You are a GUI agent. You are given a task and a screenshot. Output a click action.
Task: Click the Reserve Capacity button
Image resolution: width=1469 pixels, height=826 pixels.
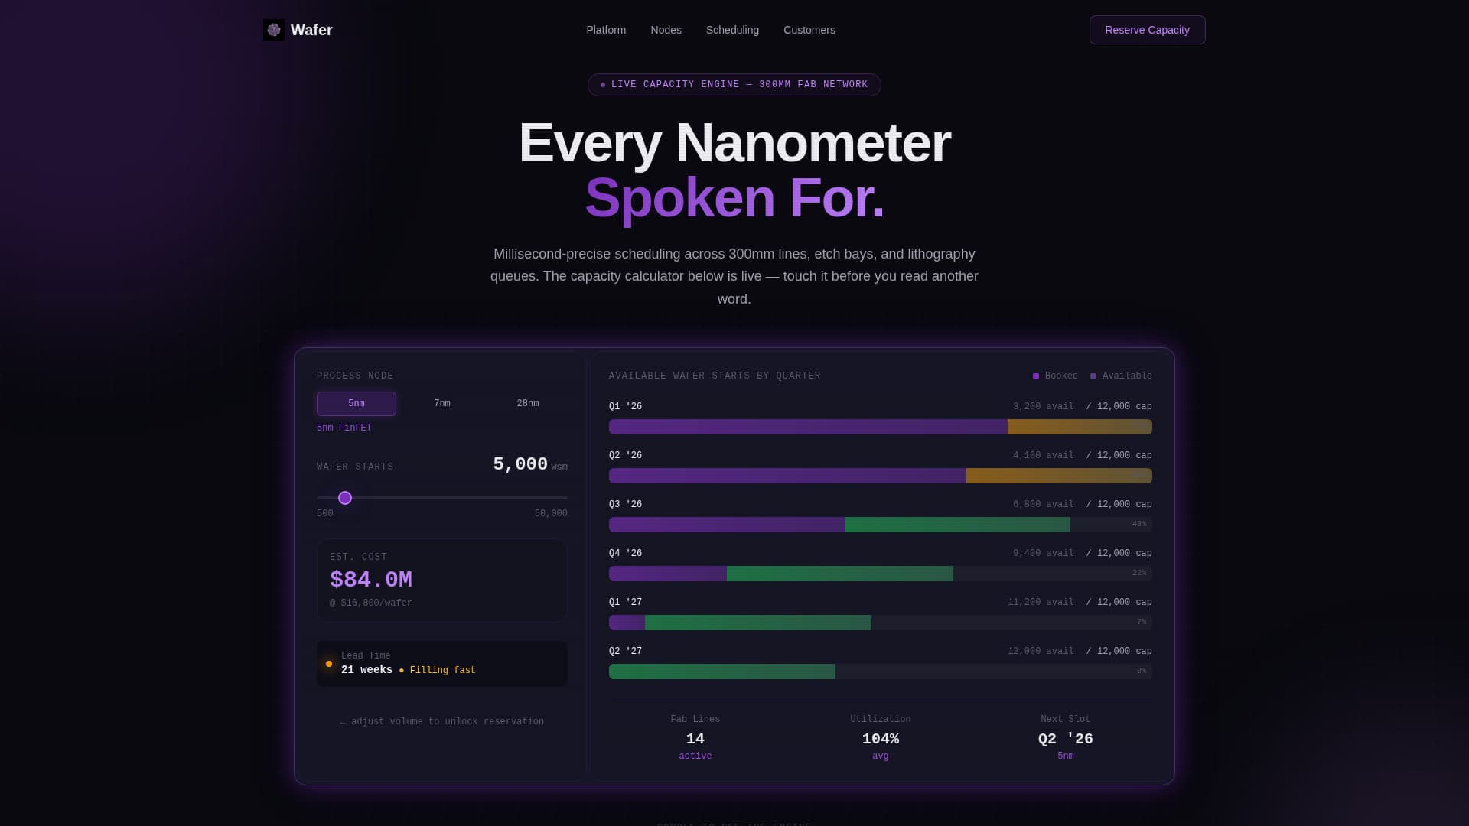click(1147, 30)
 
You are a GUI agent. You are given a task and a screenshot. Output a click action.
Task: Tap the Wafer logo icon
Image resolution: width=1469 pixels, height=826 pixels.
click(274, 30)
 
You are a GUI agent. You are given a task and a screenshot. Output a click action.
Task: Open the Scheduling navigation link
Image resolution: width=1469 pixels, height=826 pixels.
click(732, 30)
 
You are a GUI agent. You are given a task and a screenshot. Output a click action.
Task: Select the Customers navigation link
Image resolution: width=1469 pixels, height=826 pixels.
click(809, 30)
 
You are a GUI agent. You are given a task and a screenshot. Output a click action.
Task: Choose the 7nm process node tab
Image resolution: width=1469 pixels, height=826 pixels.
click(442, 403)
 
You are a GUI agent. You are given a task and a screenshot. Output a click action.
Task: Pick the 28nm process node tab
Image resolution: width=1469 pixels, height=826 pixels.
click(528, 403)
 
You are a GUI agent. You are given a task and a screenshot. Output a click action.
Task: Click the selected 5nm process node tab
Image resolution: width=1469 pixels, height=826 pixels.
click(357, 403)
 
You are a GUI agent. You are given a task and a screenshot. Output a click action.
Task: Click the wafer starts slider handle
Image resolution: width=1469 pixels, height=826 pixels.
click(345, 498)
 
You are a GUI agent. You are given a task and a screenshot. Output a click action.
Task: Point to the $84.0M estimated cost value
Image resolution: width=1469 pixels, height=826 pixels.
click(371, 580)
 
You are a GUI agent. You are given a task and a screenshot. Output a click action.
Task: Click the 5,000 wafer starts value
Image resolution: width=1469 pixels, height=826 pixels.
click(520, 464)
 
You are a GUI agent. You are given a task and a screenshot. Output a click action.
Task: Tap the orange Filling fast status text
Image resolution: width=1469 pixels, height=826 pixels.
click(442, 670)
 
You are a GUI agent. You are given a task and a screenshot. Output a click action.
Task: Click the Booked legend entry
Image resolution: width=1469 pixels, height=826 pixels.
click(1056, 376)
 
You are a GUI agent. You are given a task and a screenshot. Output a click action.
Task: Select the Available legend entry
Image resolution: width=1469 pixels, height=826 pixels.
click(1122, 376)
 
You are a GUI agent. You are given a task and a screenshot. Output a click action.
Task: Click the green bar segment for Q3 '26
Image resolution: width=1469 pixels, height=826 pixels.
click(957, 525)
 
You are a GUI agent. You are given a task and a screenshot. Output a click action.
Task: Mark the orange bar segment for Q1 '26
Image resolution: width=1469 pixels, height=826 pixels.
click(1080, 427)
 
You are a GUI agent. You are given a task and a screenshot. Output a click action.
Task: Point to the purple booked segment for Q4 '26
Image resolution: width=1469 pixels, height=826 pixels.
click(668, 574)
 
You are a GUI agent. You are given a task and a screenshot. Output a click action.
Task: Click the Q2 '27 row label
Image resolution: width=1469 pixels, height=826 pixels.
click(625, 651)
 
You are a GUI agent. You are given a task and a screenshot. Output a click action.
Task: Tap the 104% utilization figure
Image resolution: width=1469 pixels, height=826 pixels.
click(880, 739)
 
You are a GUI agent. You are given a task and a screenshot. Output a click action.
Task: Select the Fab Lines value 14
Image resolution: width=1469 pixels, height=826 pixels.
click(695, 739)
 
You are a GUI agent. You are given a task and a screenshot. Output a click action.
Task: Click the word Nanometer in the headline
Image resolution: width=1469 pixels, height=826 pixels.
click(813, 143)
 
